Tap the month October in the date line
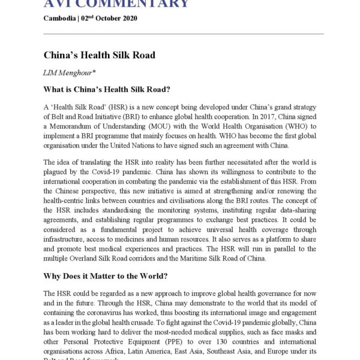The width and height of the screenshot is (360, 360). click(111, 18)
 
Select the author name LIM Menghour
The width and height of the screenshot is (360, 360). click(66, 73)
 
